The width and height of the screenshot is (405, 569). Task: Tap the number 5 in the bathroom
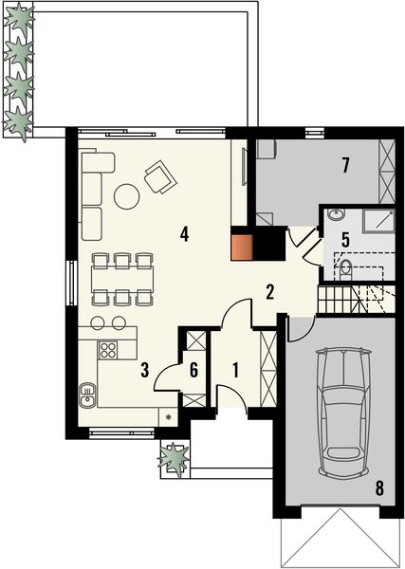345,240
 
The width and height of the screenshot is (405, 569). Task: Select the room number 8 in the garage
378,488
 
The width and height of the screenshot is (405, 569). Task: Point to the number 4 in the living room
186,233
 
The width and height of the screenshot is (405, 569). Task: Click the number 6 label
194,370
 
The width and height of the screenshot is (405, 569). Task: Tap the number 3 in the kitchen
144,370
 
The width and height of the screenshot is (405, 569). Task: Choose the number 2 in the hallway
270,291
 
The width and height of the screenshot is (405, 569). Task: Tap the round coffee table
126,196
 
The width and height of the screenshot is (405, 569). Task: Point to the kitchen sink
88,392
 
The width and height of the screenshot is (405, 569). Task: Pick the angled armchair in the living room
158,175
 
